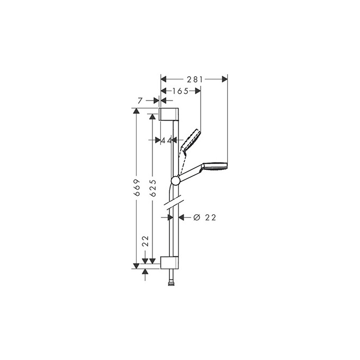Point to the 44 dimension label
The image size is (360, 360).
(x=167, y=140)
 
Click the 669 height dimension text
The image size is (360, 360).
(x=137, y=188)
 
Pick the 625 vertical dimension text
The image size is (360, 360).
(x=152, y=188)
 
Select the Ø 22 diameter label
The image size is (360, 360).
(x=205, y=217)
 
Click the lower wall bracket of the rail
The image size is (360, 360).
(x=169, y=263)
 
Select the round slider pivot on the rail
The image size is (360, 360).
(x=176, y=181)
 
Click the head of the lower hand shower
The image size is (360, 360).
(x=217, y=165)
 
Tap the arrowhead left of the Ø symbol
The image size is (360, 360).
(x=183, y=217)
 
